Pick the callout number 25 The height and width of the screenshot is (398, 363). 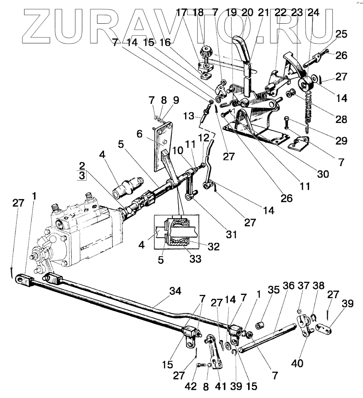coord(341,35)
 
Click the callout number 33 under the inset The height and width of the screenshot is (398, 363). coord(196,258)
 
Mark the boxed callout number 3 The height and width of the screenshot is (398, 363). coord(82,175)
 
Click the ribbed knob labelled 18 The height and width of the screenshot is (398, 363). coord(205,50)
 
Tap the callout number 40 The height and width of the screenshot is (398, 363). coord(297,364)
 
